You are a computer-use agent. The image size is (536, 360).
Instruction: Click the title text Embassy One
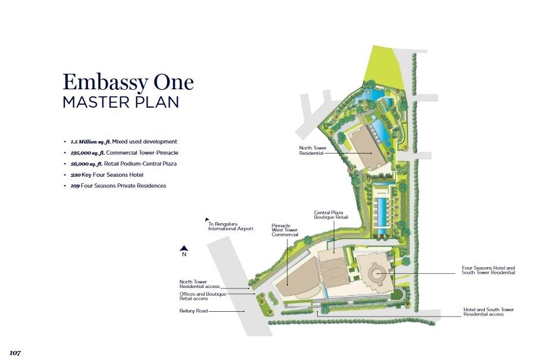[x=128, y=82]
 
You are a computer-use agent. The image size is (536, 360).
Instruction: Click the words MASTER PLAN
[x=121, y=102]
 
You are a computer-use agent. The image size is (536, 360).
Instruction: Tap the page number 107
[x=15, y=353]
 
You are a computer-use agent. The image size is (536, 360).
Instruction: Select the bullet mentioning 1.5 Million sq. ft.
[x=124, y=142]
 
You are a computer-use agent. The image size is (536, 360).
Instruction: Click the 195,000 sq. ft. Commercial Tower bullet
[x=124, y=153]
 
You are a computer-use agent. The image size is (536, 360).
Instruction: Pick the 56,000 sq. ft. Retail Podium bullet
[x=124, y=164]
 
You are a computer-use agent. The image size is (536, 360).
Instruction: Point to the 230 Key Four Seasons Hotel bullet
[x=107, y=175]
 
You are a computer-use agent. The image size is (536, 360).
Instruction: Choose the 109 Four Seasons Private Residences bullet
[x=118, y=186]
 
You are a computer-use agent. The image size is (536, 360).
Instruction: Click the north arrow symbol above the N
[x=184, y=249]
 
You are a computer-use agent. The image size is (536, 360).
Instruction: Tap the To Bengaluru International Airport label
[x=230, y=226]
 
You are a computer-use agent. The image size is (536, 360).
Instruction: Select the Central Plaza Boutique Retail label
[x=328, y=215]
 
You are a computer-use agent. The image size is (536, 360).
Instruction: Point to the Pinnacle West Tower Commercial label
[x=284, y=230]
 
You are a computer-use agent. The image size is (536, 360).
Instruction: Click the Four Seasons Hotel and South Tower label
[x=488, y=270]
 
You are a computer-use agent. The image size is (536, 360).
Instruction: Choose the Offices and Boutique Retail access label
[x=202, y=296]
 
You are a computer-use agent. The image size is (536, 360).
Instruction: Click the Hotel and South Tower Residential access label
[x=488, y=312]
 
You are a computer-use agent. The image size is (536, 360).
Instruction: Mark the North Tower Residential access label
[x=199, y=284]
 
